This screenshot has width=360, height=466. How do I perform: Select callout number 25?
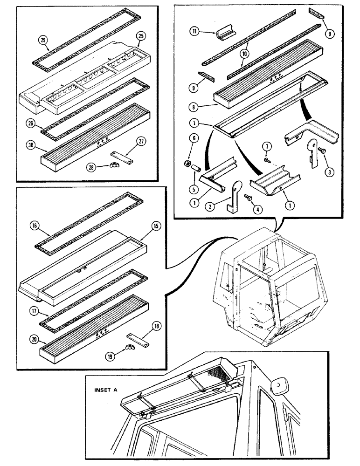pos(140,36)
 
